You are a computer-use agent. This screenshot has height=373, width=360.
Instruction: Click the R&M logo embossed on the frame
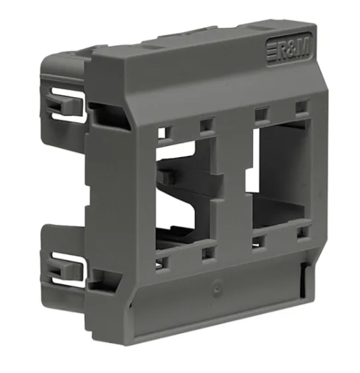tap(289, 49)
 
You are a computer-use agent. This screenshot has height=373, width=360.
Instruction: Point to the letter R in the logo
tap(283, 50)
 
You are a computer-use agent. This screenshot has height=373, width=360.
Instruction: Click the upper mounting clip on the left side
tap(67, 105)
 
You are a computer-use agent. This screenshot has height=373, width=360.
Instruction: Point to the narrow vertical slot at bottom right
tap(303, 280)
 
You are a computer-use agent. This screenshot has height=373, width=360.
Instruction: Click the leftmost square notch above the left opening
tap(163, 130)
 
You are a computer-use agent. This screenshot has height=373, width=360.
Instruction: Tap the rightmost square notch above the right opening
tap(301, 108)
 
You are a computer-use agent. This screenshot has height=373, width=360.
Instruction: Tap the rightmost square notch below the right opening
tap(301, 237)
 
